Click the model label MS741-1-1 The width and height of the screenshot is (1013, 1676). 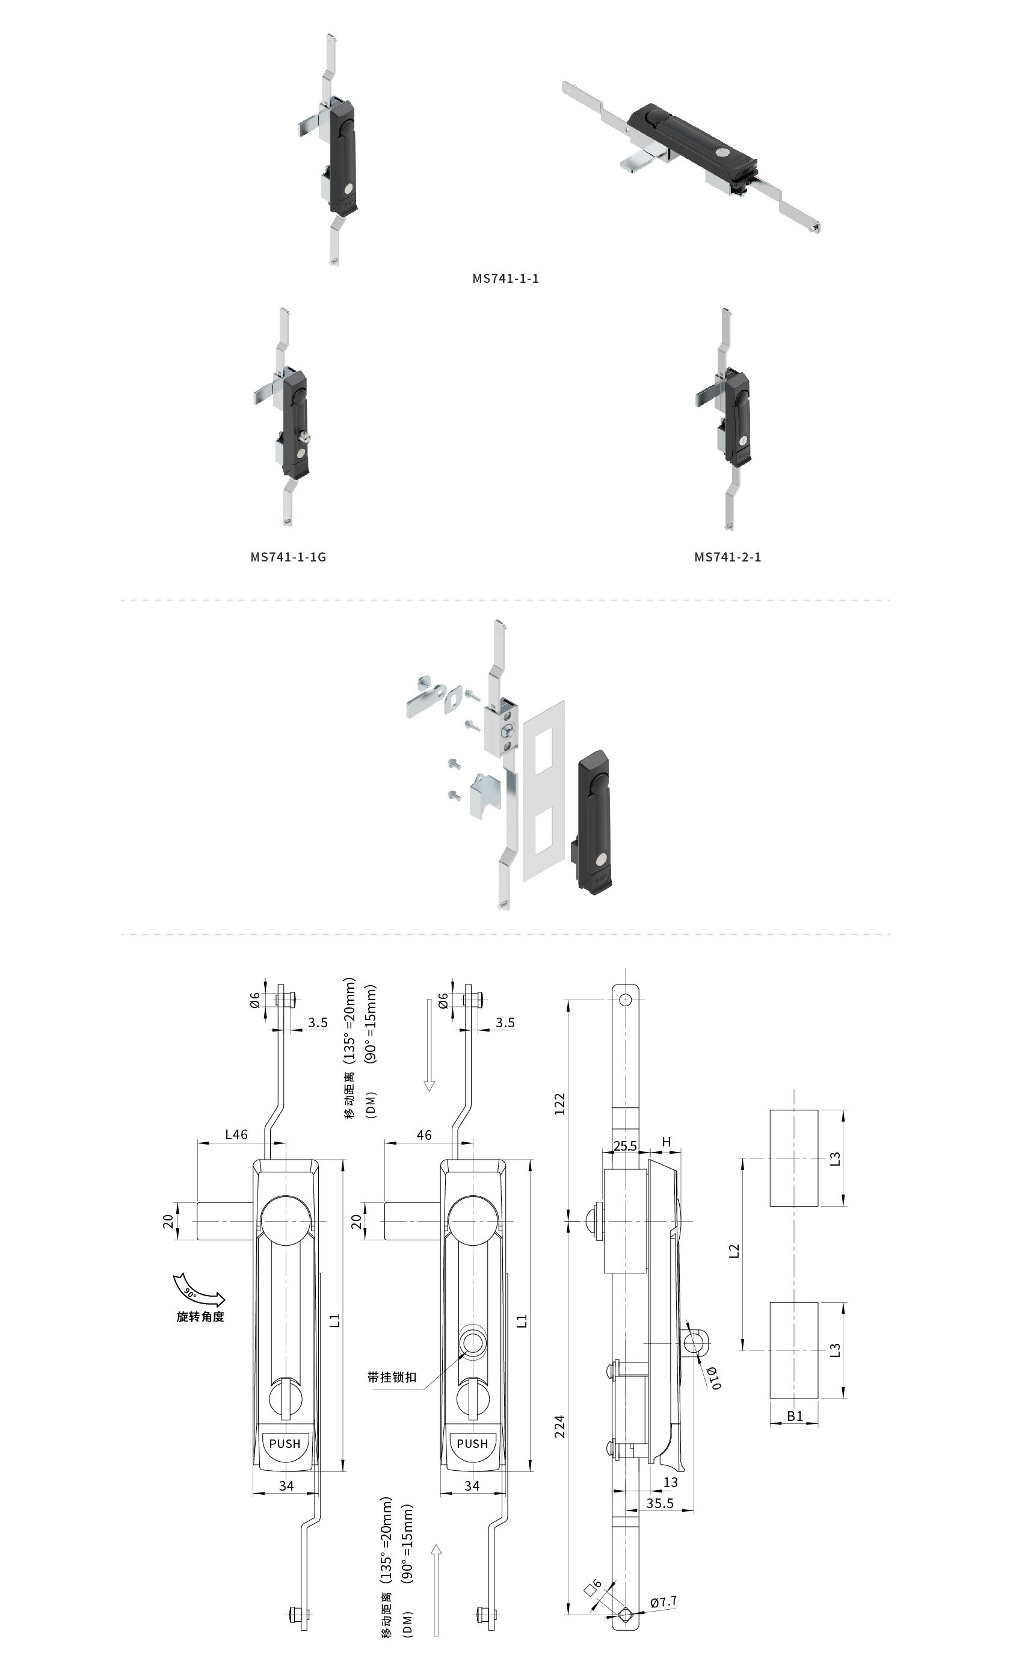505,278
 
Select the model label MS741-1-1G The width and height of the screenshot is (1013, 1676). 288,557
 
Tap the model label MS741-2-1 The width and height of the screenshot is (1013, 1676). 727,557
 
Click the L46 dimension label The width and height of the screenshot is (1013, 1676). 236,1134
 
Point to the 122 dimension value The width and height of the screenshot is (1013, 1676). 559,1103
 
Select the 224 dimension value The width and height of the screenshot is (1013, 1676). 559,1426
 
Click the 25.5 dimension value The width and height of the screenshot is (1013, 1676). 625,1146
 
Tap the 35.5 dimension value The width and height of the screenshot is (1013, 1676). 659,1503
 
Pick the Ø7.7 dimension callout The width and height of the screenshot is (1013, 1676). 663,1602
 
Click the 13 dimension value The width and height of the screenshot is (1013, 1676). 670,1482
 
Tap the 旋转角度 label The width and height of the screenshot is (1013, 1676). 200,1316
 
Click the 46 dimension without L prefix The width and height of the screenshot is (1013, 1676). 423,1134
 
